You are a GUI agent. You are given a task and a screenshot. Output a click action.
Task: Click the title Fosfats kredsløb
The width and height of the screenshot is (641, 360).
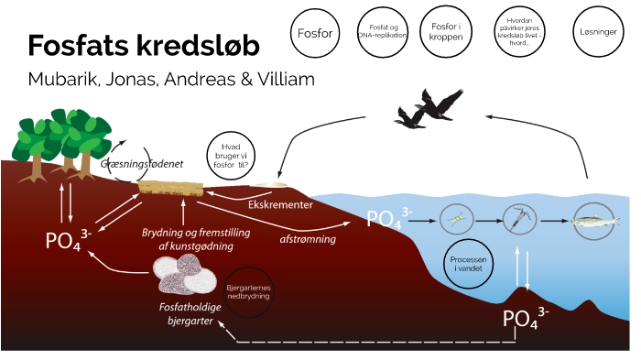(143, 47)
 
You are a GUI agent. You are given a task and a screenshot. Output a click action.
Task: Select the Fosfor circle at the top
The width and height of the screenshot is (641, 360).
(314, 32)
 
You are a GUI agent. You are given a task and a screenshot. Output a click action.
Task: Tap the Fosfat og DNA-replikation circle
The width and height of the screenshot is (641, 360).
(377, 33)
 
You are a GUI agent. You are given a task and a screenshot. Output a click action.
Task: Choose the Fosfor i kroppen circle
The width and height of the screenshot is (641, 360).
(444, 32)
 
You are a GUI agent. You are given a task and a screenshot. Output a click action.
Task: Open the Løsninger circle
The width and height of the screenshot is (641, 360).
(599, 32)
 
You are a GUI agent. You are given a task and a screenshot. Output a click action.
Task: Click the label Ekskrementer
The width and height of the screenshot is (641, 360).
(281, 204)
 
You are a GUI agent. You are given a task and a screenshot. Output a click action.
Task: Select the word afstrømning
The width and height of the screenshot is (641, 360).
(307, 239)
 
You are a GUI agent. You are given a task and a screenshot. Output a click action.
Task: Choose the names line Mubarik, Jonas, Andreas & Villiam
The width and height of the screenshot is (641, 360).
(171, 80)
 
